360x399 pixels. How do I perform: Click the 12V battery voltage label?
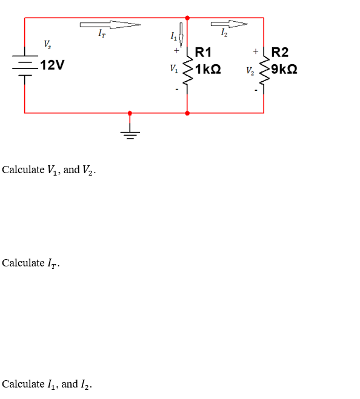coord(52,65)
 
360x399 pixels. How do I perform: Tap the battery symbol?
coord(25,65)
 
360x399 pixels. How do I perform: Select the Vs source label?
coord(47,44)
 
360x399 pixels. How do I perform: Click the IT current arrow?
coord(110,25)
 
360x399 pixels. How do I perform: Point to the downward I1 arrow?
coord(181,35)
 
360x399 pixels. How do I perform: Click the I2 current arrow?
coord(229,24)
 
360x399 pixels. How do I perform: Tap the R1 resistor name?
coord(203,53)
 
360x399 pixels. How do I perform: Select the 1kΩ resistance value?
coord(208,69)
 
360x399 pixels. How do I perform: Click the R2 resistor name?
coord(280,53)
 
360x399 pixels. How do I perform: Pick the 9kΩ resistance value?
coord(284,69)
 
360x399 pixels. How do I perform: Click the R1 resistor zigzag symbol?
coord(187,70)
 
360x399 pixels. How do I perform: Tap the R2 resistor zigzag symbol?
coord(264,70)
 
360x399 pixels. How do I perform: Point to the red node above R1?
coord(187,18)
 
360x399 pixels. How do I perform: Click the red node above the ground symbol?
coord(130,113)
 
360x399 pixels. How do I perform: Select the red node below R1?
coord(187,113)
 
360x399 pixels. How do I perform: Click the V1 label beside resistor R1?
coord(174,68)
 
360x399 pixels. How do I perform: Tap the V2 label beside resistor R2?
coord(250,70)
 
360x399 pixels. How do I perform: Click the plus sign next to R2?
coord(256,51)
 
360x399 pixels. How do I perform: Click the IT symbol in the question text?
coord(52,263)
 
